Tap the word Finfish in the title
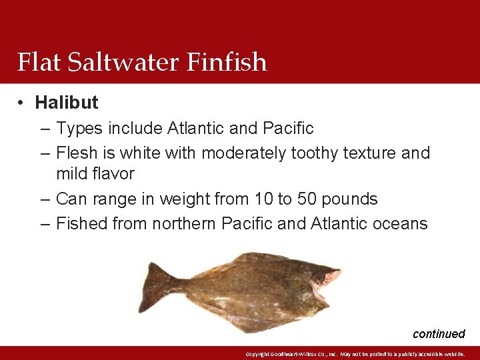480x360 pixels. click(227, 62)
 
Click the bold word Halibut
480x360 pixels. click(67, 103)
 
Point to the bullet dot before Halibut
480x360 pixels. click(22, 103)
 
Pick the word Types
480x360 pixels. click(79, 128)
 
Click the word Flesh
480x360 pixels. click(76, 153)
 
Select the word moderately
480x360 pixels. click(244, 153)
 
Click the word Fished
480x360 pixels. click(81, 223)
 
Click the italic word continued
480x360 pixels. click(439, 334)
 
